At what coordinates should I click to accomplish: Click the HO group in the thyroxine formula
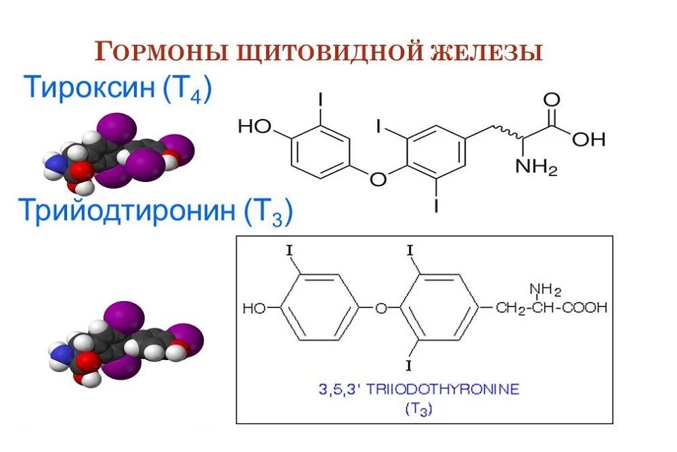tap(253, 125)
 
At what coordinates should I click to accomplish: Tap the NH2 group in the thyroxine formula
tap(536, 168)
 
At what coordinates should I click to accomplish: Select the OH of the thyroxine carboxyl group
tap(587, 139)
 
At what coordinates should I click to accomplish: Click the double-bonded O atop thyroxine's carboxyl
tap(552, 100)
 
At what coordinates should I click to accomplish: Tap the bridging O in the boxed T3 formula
tap(381, 308)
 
